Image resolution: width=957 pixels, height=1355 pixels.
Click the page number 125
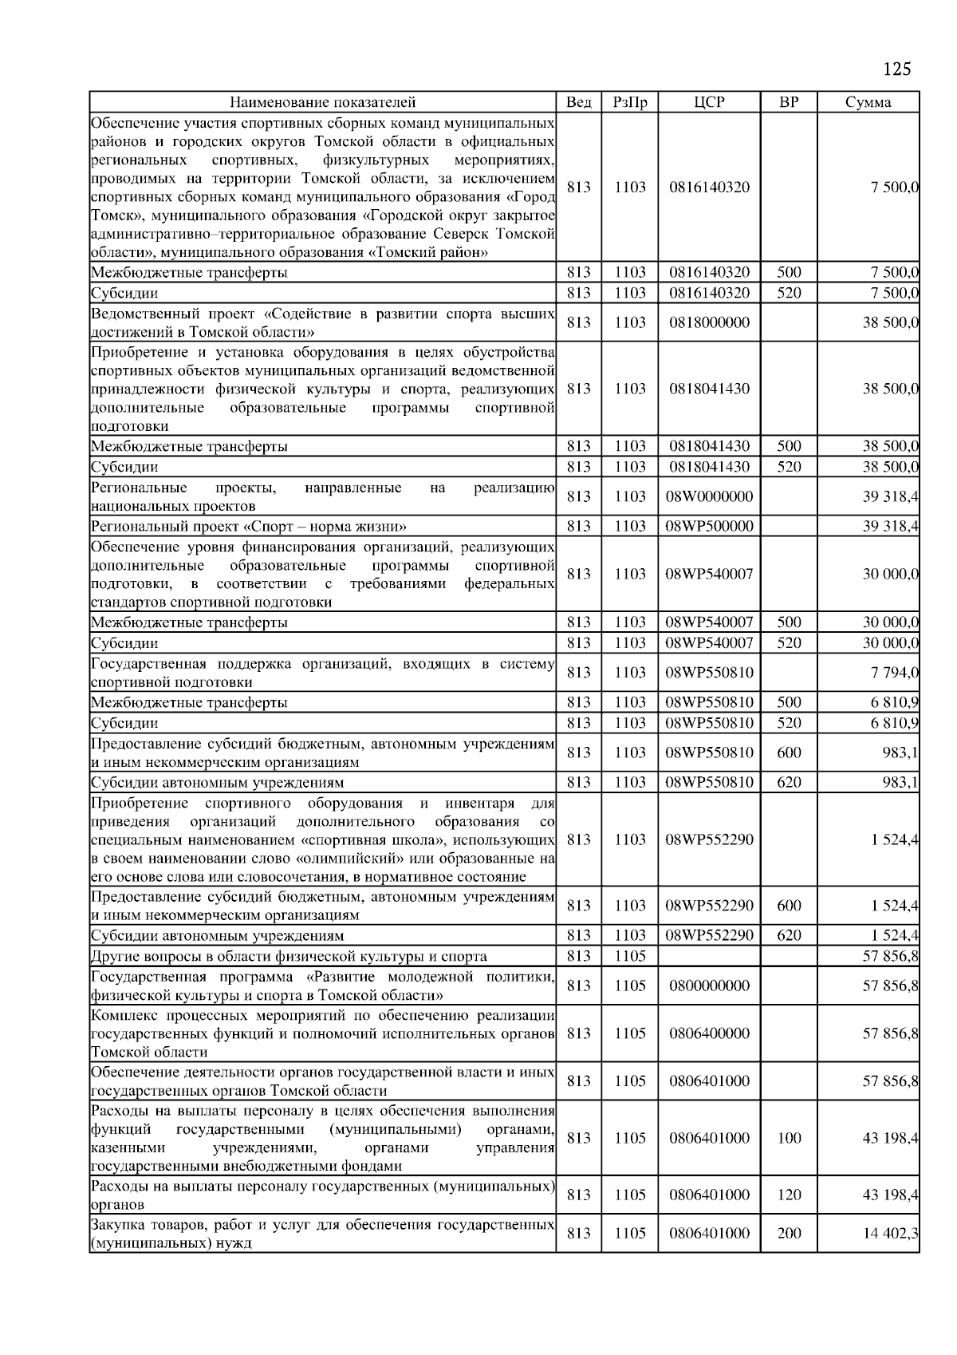click(x=896, y=69)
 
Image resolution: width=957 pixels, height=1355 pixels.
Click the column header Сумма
click(x=868, y=102)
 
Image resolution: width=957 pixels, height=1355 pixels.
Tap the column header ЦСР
click(x=709, y=102)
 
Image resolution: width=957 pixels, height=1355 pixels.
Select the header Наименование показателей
click(x=322, y=102)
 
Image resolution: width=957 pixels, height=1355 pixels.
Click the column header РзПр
click(x=629, y=102)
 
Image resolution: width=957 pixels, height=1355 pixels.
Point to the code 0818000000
click(x=709, y=322)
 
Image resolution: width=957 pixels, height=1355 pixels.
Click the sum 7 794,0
click(x=891, y=673)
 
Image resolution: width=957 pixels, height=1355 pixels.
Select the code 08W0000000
click(x=709, y=496)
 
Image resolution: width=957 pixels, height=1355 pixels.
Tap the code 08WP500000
click(x=709, y=527)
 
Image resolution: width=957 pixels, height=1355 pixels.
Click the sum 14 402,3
click(x=891, y=1233)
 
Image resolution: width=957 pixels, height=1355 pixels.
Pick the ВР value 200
click(x=789, y=1233)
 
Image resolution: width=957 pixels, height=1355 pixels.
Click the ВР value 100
click(x=789, y=1138)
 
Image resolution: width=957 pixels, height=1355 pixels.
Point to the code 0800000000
click(x=709, y=986)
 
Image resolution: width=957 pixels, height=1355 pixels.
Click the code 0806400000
click(x=709, y=1033)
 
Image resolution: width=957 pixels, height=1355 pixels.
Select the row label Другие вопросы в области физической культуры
click(x=289, y=956)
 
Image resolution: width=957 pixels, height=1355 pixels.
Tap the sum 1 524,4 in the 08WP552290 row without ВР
click(x=891, y=839)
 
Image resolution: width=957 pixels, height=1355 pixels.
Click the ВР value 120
click(x=789, y=1195)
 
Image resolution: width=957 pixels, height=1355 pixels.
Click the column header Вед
click(x=578, y=102)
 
